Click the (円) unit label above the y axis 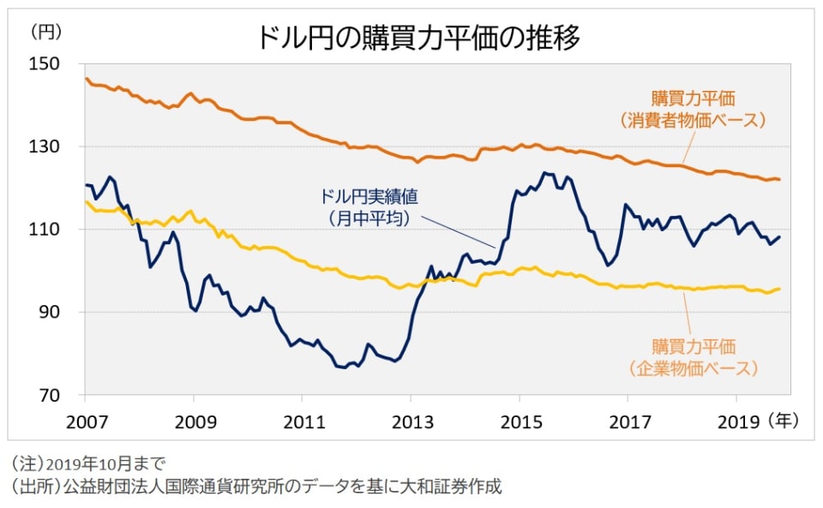45,32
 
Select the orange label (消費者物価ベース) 692,120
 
